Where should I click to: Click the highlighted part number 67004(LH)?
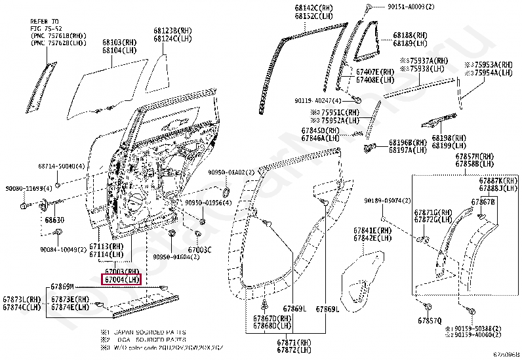pyautogui.click(x=122, y=280)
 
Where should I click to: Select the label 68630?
pyautogui.click(x=55, y=221)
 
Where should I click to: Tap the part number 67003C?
pyautogui.click(x=199, y=249)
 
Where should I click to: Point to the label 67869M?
pyautogui.click(x=63, y=287)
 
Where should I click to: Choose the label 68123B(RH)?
pyautogui.click(x=173, y=31)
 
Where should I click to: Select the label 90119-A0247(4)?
pyautogui.click(x=319, y=100)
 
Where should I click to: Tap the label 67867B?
pyautogui.click(x=483, y=201)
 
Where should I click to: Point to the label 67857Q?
pyautogui.click(x=429, y=321)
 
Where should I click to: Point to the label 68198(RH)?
pyautogui.click(x=449, y=138)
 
